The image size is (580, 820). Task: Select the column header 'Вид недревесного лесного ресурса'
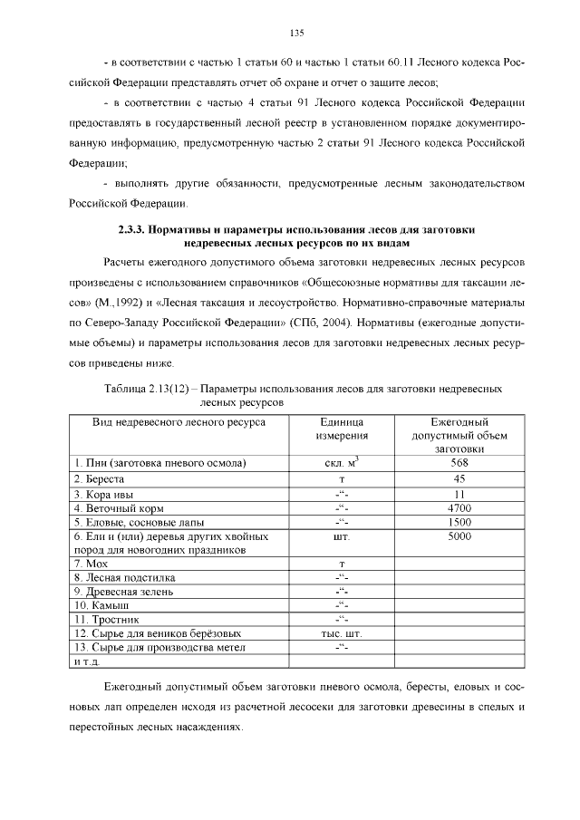coord(166,422)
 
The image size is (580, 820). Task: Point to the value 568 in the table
coord(459,462)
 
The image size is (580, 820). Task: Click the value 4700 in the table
coord(459,508)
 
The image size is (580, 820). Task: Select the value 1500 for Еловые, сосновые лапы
coord(459,523)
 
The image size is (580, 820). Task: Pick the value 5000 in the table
coord(459,536)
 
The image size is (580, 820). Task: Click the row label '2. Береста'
coord(100,478)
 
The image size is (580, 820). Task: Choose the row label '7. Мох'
coord(93,564)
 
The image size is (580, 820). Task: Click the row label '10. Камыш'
coord(101,605)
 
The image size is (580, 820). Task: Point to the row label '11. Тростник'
coord(108,619)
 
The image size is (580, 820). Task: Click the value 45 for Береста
coord(459,478)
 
